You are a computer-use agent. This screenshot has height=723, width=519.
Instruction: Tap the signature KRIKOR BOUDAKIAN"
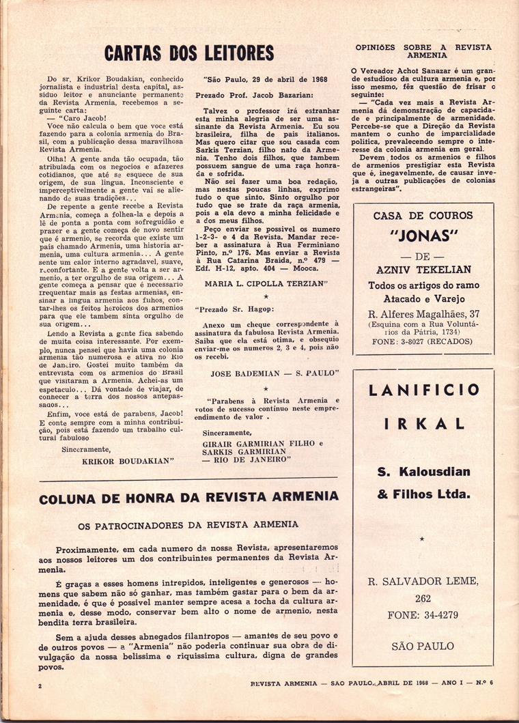tap(128, 461)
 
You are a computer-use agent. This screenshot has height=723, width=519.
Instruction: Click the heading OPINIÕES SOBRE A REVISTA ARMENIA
tap(423, 53)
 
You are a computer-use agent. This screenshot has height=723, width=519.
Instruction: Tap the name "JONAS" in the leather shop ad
tap(423, 240)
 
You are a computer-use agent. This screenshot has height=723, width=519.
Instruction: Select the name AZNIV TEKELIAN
tap(423, 270)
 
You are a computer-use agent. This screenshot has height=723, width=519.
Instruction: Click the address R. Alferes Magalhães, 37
tap(423, 313)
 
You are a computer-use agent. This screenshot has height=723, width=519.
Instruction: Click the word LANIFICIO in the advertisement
tap(423, 391)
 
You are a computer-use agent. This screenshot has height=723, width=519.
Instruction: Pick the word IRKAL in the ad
tap(423, 423)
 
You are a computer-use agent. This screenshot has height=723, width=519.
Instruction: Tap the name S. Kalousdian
tap(423, 472)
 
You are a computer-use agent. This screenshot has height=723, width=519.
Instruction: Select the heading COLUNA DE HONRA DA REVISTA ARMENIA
tap(188, 498)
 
